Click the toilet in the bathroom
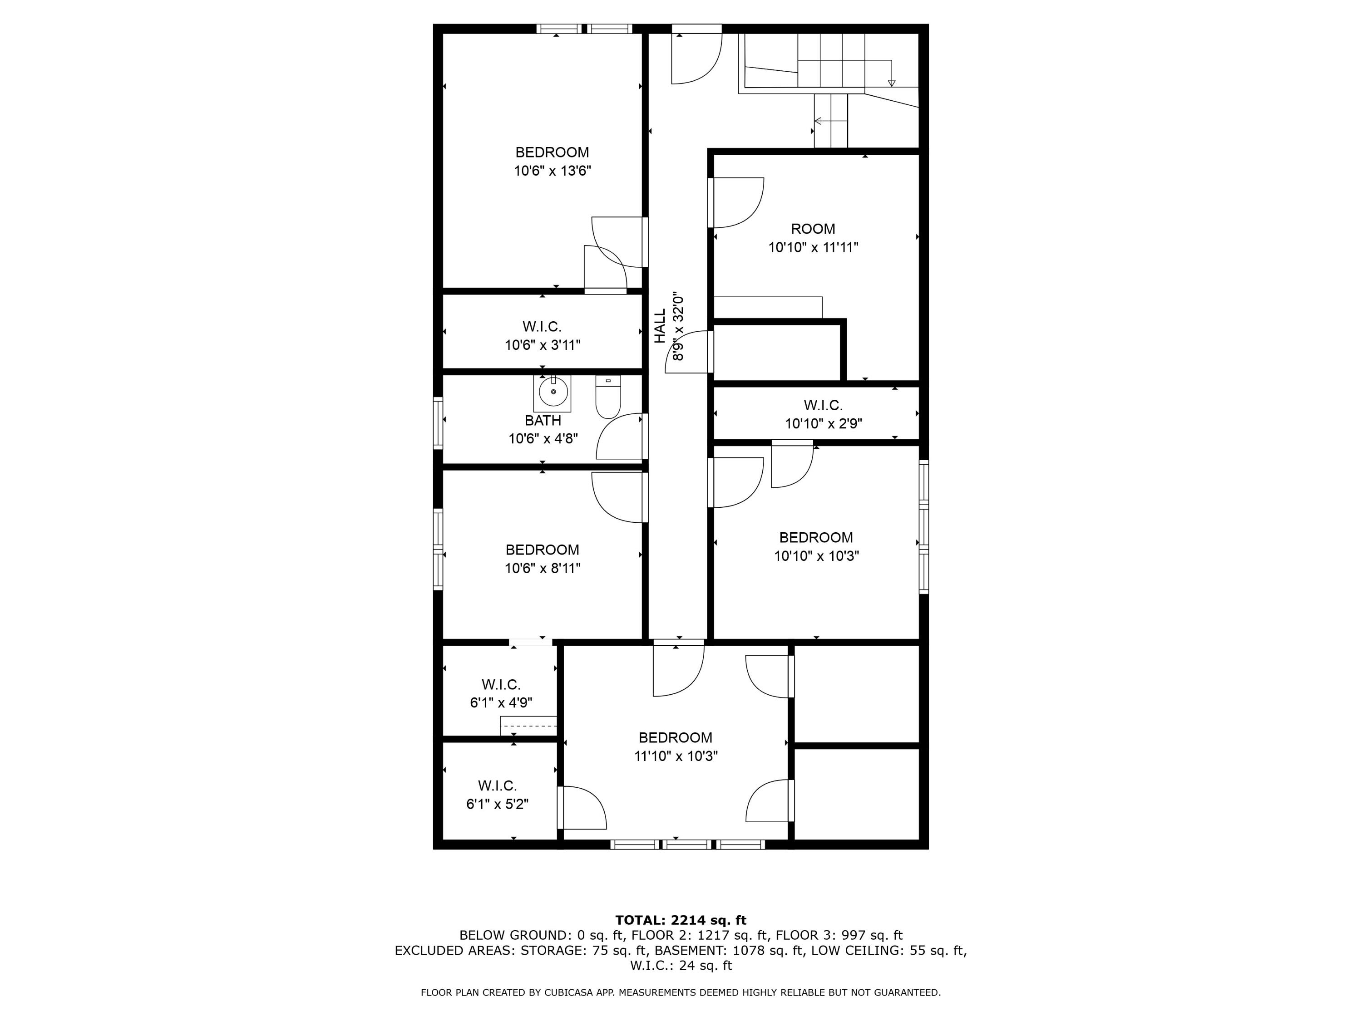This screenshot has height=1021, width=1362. (x=608, y=398)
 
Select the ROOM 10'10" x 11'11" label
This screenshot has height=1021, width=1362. (x=813, y=238)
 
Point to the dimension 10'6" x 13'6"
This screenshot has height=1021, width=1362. (x=553, y=171)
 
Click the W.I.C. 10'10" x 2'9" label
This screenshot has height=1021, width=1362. (x=823, y=414)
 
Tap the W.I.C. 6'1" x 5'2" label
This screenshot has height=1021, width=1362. (x=497, y=795)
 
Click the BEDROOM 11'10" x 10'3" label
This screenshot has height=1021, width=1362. (x=676, y=746)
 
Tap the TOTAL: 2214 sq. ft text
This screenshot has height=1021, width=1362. (x=681, y=920)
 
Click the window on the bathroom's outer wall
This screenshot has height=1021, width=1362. (x=438, y=422)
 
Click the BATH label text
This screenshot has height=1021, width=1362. (x=543, y=420)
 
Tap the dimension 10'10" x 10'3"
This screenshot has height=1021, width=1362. (x=816, y=556)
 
